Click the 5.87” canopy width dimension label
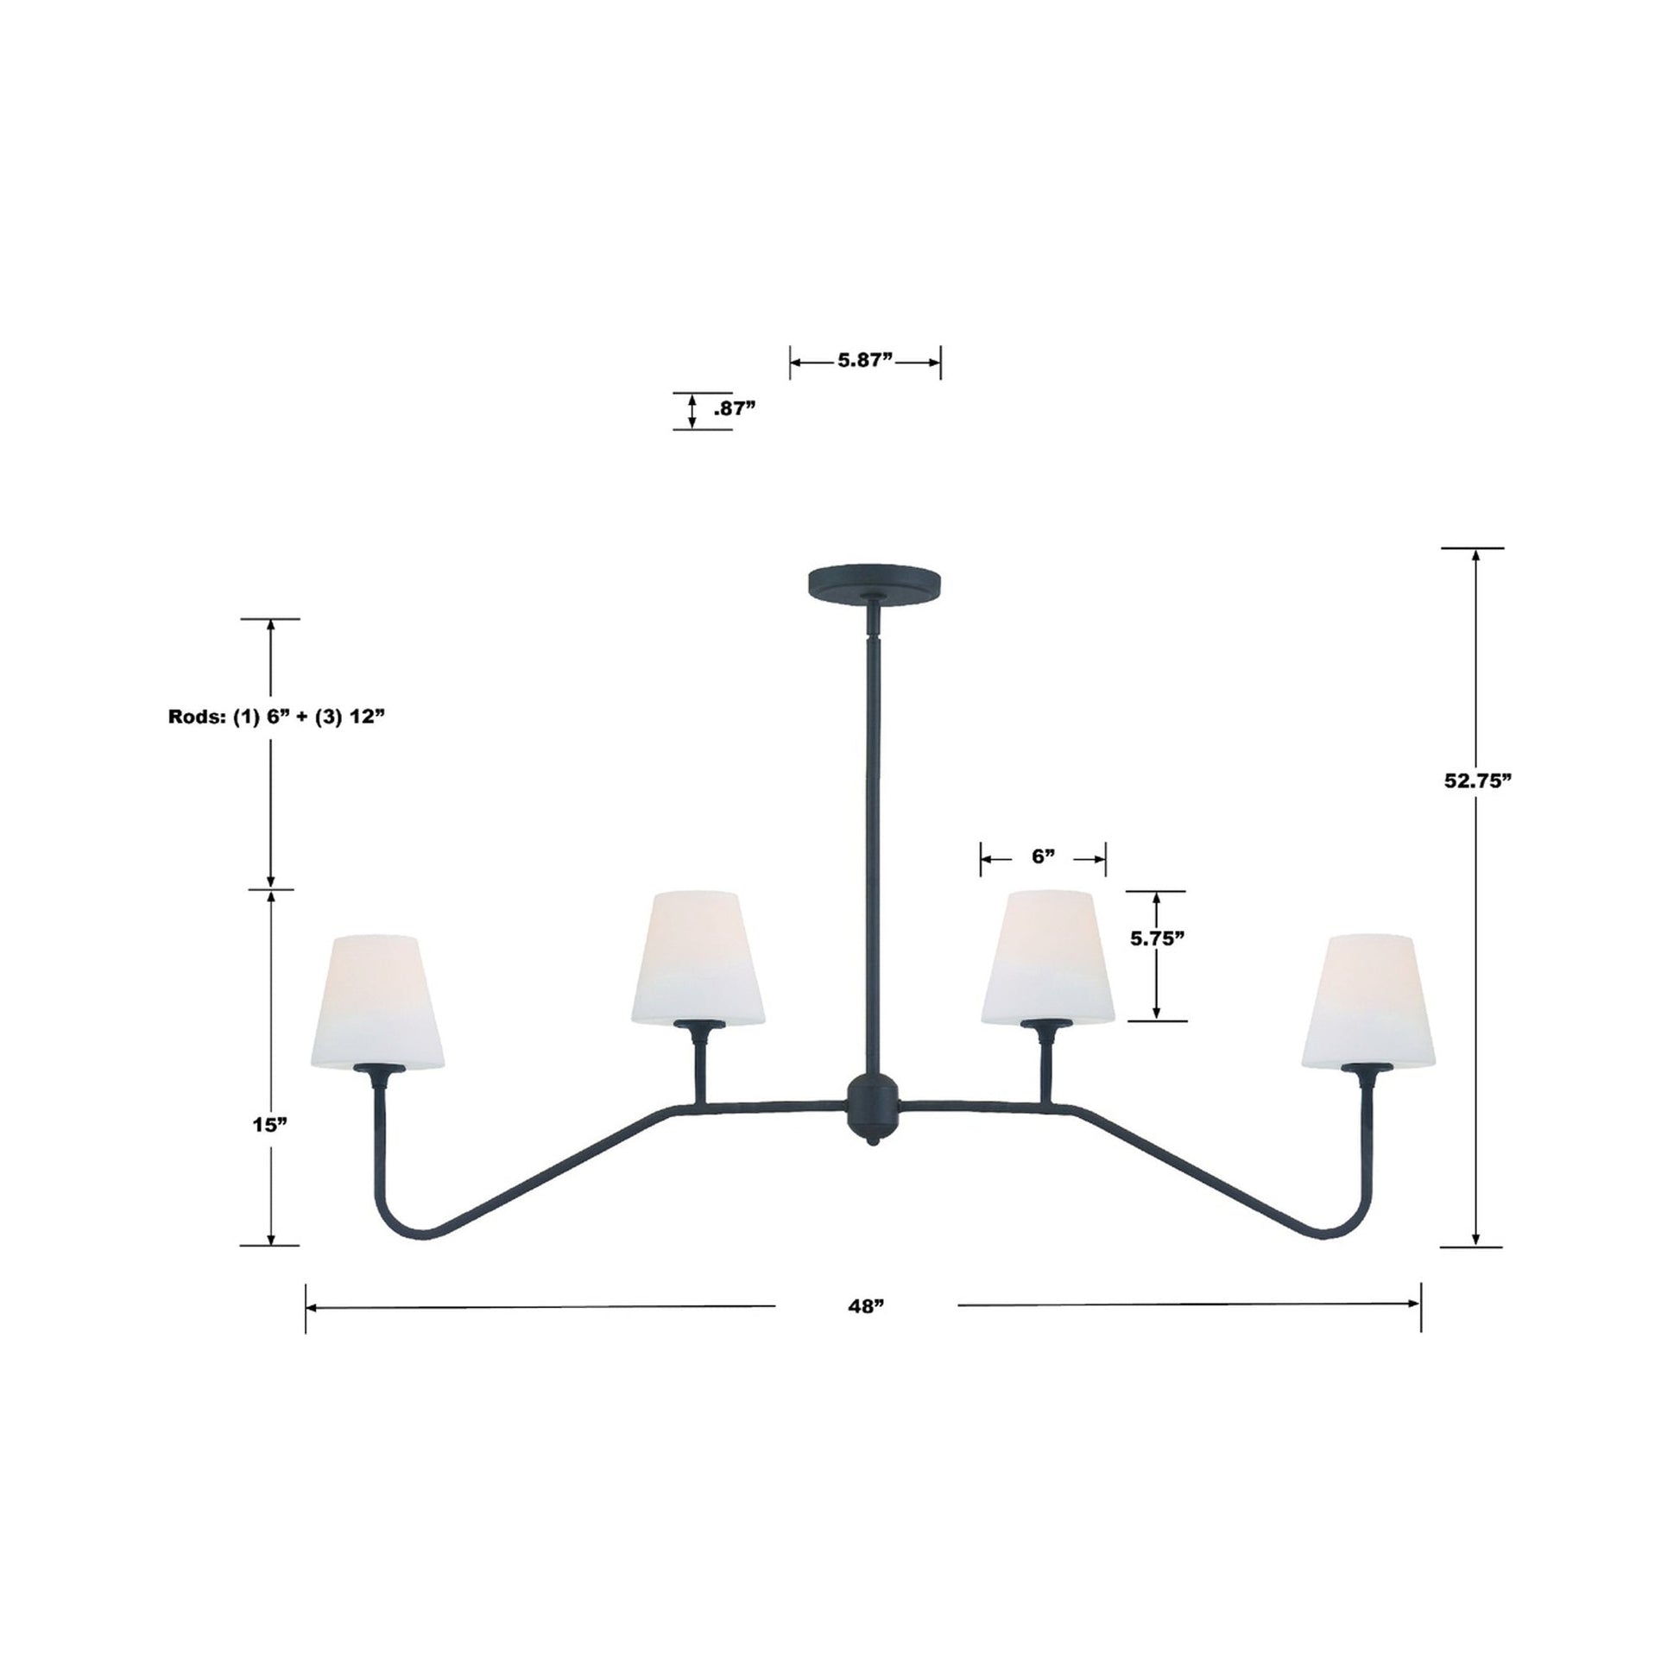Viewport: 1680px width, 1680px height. [x=865, y=361]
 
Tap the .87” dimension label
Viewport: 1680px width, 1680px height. [x=734, y=409]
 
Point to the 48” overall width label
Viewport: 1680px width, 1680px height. [x=866, y=1330]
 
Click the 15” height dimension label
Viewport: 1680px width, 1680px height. [x=269, y=1124]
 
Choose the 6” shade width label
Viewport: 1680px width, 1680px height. [x=1043, y=856]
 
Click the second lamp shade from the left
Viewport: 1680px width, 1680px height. [x=698, y=957]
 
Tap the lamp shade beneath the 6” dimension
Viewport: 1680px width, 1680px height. [x=1048, y=957]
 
